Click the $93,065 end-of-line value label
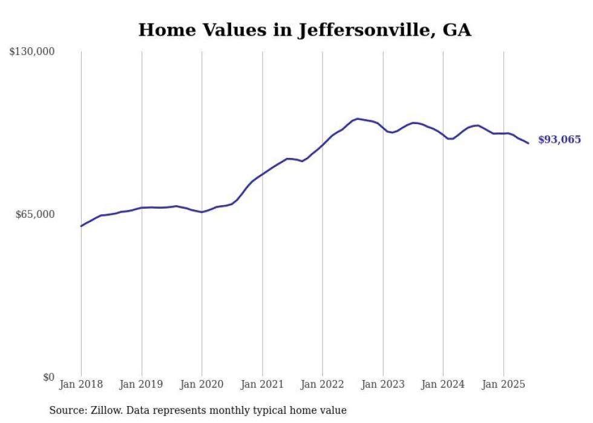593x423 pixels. tap(559, 140)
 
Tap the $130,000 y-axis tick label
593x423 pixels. tap(32, 52)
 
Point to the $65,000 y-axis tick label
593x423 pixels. tap(34, 214)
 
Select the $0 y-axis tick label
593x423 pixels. tap(48, 377)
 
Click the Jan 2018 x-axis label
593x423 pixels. tap(81, 384)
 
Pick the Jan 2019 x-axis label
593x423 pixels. tap(142, 384)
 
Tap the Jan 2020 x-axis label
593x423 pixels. tap(202, 384)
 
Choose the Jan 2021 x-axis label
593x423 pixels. tap(262, 384)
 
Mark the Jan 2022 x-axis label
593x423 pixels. tap(323, 384)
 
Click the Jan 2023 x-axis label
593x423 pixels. tap(383, 384)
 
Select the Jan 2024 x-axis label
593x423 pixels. tap(443, 384)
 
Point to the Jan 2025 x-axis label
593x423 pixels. tap(503, 384)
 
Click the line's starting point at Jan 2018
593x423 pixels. tap(81, 226)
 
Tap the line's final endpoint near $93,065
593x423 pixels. tap(529, 143)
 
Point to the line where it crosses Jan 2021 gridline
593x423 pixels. tap(262, 174)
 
